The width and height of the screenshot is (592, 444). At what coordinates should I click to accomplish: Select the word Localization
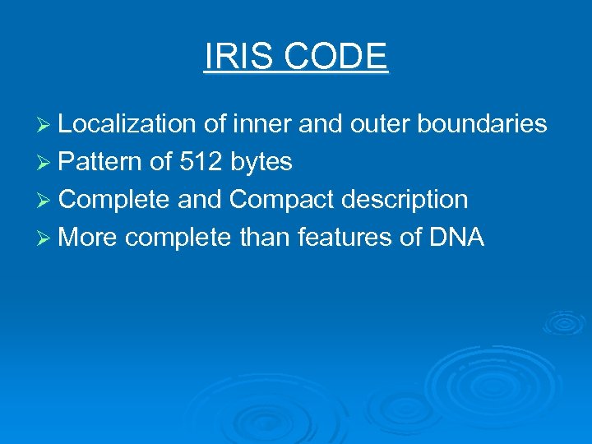coord(127,124)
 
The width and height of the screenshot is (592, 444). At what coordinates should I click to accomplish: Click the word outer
coord(381,124)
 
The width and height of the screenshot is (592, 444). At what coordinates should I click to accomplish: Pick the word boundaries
coord(483,124)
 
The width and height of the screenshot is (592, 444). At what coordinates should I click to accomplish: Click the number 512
coord(200,162)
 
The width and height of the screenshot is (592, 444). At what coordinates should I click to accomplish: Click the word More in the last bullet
coord(89,238)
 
